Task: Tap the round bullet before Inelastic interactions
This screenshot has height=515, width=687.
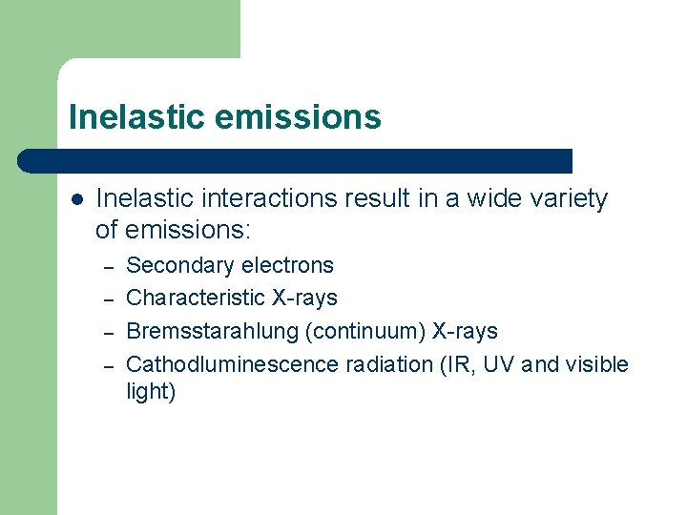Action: [x=77, y=199]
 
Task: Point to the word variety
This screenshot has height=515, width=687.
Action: [x=571, y=198]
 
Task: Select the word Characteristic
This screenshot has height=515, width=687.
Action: [x=196, y=298]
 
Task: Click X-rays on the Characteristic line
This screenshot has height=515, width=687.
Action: [x=304, y=298]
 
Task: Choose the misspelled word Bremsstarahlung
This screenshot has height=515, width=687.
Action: [x=207, y=331]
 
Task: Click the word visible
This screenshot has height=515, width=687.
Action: [x=596, y=364]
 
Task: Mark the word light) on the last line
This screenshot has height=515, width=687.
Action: [x=151, y=392]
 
